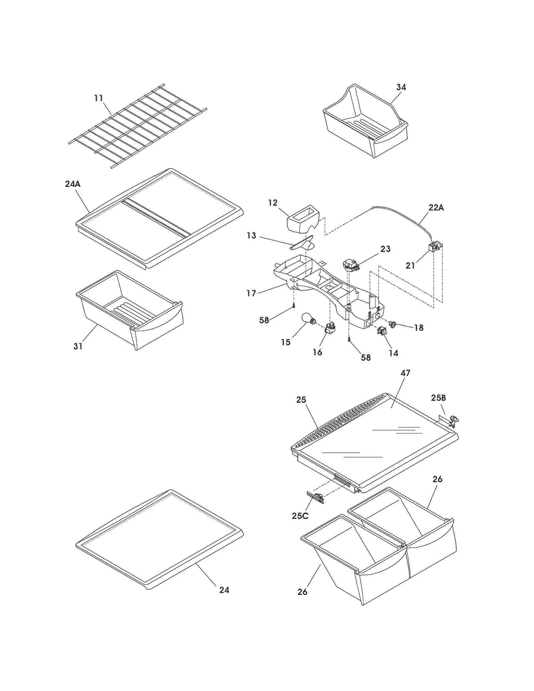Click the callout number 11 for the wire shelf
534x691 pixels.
pyautogui.click(x=98, y=98)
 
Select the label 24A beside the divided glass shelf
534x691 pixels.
pyautogui.click(x=73, y=184)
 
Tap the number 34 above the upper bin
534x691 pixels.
pyautogui.click(x=401, y=87)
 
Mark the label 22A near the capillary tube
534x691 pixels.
pyautogui.click(x=436, y=208)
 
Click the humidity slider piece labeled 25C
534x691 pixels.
pyautogui.click(x=315, y=498)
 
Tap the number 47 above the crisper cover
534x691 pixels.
pyautogui.click(x=405, y=373)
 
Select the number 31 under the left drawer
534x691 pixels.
pyautogui.click(x=78, y=346)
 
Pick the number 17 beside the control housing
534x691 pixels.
pyautogui.click(x=251, y=293)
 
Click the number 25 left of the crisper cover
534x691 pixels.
pyautogui.click(x=301, y=399)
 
